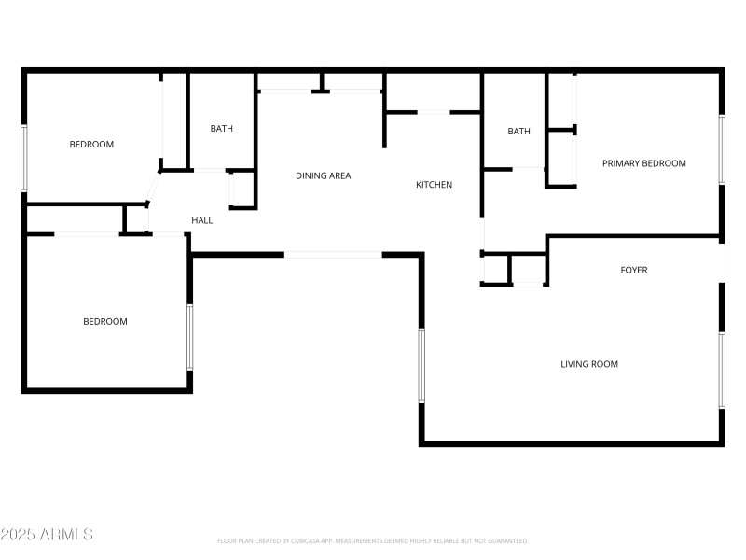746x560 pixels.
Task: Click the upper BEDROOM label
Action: pos(91,145)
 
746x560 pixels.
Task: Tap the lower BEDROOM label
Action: pos(105,322)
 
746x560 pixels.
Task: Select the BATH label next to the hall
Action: pos(221,129)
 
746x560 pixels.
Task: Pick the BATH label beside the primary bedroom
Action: pos(518,132)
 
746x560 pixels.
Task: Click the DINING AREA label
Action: pos(323,175)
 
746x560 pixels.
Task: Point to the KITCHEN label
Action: pos(434,185)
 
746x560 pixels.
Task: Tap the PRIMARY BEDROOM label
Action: pos(643,163)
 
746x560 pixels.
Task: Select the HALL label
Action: pos(202,221)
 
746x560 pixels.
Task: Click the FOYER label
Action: pos(634,271)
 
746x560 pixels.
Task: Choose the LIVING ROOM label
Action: pos(588,364)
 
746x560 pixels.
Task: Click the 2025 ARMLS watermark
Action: pos(47,535)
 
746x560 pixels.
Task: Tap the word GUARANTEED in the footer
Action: pos(507,541)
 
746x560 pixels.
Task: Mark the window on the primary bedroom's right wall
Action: pos(721,149)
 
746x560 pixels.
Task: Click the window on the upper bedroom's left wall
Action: pos(24,158)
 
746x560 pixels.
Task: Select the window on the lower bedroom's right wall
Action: pos(190,336)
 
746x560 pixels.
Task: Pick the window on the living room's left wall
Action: pos(421,365)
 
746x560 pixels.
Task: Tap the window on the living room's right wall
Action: pos(721,370)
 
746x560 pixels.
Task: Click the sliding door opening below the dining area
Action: pos(333,254)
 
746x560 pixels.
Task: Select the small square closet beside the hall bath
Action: pos(242,189)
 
